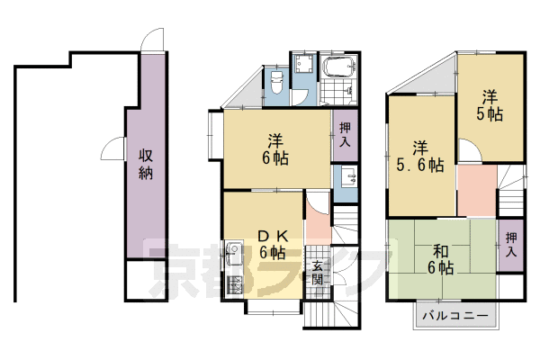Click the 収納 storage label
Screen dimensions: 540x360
[x=146, y=165]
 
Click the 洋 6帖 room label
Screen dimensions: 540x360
[x=275, y=149]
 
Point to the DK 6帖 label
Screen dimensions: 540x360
[x=273, y=245]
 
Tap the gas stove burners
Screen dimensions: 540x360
[x=235, y=285]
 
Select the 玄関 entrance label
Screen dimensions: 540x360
[x=317, y=273]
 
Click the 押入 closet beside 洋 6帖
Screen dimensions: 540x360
[x=345, y=134]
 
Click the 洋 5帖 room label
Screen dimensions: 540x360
[x=490, y=105]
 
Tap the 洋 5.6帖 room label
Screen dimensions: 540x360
[x=419, y=157]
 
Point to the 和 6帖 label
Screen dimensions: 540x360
[x=440, y=259]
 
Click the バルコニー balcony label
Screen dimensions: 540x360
[x=455, y=316]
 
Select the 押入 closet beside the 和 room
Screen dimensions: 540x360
[x=511, y=245]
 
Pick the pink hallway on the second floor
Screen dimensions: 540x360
[x=477, y=190]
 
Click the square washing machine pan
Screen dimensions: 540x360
[x=303, y=63]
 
